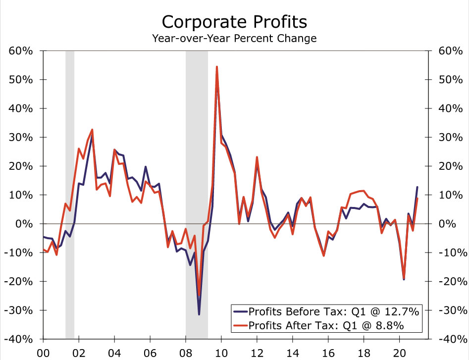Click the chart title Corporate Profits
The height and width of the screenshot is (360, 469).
[234, 22]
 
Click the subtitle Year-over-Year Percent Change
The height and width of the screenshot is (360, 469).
[234, 38]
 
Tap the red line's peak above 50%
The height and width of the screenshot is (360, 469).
[217, 67]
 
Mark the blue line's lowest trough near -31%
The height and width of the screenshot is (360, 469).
[199, 314]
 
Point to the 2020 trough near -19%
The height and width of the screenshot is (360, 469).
[404, 279]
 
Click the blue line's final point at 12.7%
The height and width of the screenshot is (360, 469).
[417, 187]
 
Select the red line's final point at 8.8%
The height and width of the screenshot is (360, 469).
[417, 198]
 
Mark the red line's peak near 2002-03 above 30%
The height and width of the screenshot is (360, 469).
[92, 130]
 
